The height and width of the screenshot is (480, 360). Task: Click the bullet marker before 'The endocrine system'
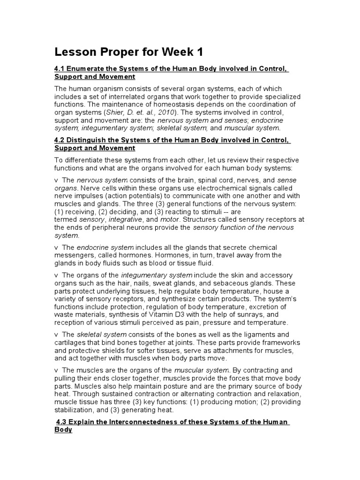56,247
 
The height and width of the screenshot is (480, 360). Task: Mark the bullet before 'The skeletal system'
56,335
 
